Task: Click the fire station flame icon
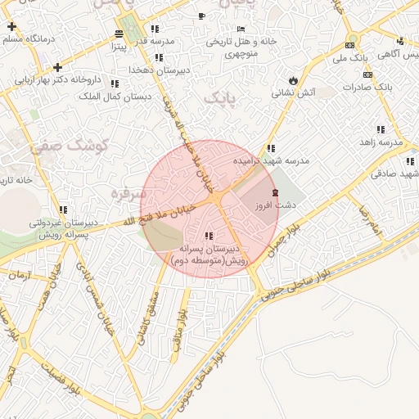293,79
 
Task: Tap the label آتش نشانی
295,93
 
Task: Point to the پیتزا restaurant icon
119,34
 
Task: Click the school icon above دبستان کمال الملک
115,83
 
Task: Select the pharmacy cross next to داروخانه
57,67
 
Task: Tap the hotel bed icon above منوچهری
240,29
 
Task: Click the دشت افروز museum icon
274,191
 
